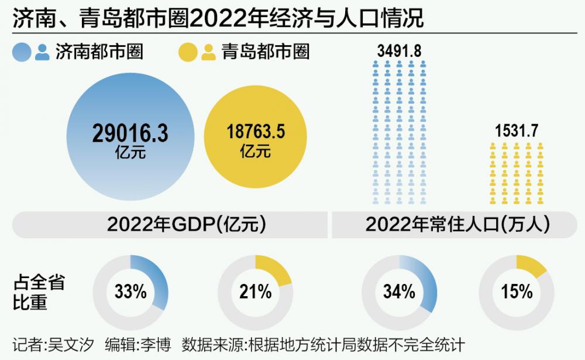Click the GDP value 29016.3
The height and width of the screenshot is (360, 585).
[x=130, y=133]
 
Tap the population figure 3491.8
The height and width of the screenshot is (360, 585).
[x=400, y=51]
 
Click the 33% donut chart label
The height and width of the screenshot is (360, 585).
[x=130, y=292]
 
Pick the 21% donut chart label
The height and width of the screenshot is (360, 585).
[x=255, y=292]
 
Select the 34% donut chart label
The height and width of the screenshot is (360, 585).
[x=399, y=292]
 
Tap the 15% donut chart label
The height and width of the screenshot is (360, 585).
[x=517, y=292]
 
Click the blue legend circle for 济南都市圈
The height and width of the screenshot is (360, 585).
[x=21, y=53]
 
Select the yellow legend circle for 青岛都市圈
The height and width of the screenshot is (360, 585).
[x=188, y=53]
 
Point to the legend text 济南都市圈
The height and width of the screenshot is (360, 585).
[x=99, y=52]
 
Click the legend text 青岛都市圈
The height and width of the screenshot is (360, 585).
[x=266, y=52]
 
